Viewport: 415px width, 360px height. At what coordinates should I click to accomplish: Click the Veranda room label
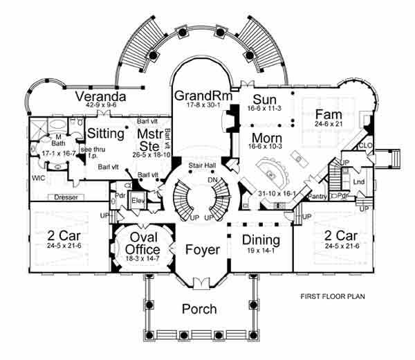pos(100,96)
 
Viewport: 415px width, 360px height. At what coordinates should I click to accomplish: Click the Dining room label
pos(261,241)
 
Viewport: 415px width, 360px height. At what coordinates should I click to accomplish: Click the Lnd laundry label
pos(358,182)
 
